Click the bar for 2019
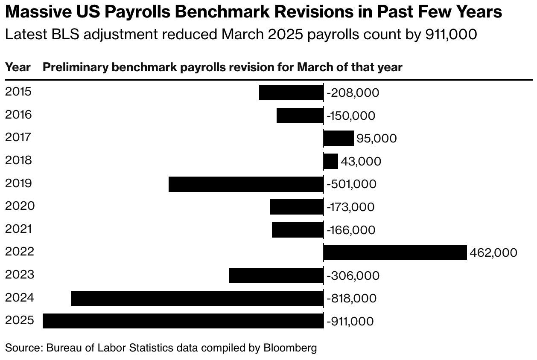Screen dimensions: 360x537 (x=246, y=184)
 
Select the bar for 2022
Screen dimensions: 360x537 (x=395, y=253)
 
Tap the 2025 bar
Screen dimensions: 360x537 (x=183, y=321)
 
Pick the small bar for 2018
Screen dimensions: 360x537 (x=331, y=161)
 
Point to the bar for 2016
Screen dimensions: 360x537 (x=300, y=116)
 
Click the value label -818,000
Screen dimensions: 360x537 (x=351, y=298)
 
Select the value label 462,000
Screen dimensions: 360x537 (x=493, y=253)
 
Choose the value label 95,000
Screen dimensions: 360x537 (x=376, y=139)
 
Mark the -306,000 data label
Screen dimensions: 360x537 (x=353, y=276)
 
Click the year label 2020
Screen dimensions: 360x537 (x=20, y=206)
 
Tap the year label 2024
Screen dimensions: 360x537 (x=19, y=297)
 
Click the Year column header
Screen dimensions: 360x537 (x=18, y=67)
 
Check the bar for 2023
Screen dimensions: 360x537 (x=276, y=276)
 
